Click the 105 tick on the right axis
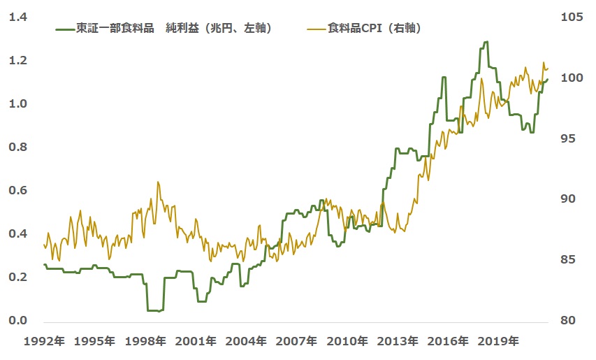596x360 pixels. coord(571,17)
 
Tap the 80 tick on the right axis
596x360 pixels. coord(567,320)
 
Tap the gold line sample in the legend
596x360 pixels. coord(316,29)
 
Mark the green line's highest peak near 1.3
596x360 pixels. coord(485,42)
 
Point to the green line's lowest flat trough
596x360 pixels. coord(154,310)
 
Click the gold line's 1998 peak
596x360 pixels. coord(157,182)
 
